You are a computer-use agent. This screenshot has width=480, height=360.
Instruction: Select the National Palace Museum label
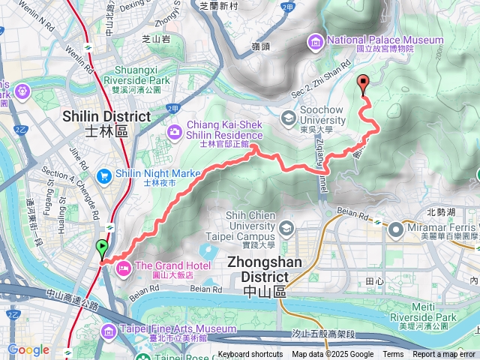(381, 40)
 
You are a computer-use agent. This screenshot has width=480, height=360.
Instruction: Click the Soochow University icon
(289, 116)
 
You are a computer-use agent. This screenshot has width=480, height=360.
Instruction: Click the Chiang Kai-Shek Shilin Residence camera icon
(175, 132)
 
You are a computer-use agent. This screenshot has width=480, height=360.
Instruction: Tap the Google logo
(28, 349)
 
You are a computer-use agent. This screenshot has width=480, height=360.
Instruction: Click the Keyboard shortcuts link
(250, 355)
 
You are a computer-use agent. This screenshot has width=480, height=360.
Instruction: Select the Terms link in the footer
(393, 355)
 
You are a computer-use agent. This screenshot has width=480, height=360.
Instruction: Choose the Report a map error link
(444, 355)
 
